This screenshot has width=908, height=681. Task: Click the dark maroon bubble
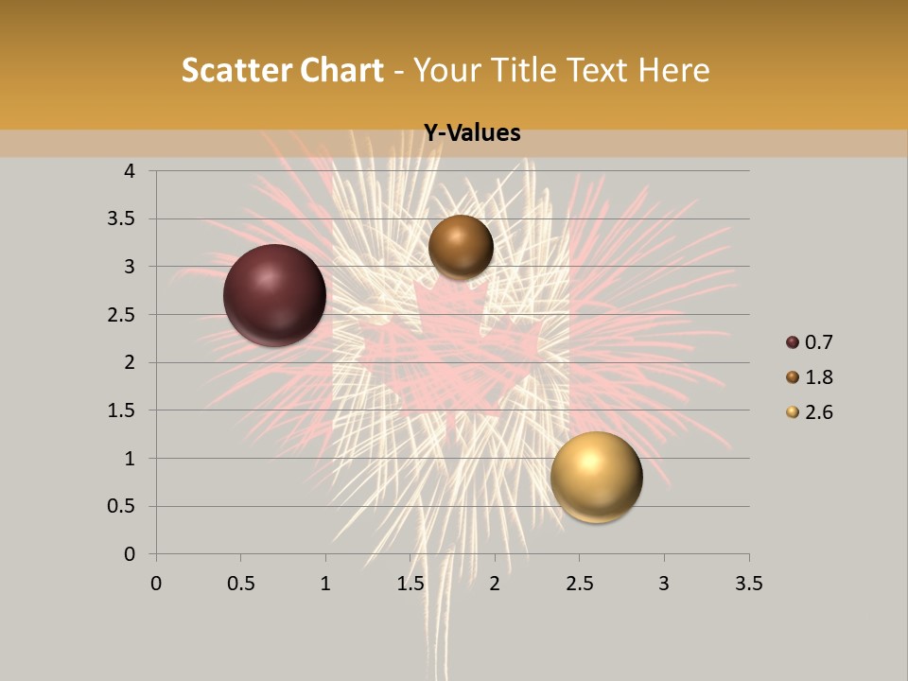click(274, 295)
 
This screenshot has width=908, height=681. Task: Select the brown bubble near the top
click(461, 247)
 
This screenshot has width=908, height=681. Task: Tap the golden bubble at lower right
click(596, 477)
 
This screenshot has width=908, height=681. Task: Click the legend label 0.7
click(818, 342)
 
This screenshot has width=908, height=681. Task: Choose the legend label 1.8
click(818, 377)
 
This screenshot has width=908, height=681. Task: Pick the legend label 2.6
click(818, 412)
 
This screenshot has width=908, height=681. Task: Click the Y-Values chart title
click(471, 133)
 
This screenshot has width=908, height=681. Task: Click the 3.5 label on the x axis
click(748, 584)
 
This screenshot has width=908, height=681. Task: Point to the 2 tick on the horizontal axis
click(495, 584)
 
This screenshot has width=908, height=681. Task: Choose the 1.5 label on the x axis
click(410, 584)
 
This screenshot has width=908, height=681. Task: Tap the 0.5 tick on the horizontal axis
click(240, 584)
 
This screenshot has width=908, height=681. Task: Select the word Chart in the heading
click(342, 70)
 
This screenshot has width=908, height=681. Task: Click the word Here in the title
click(674, 70)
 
